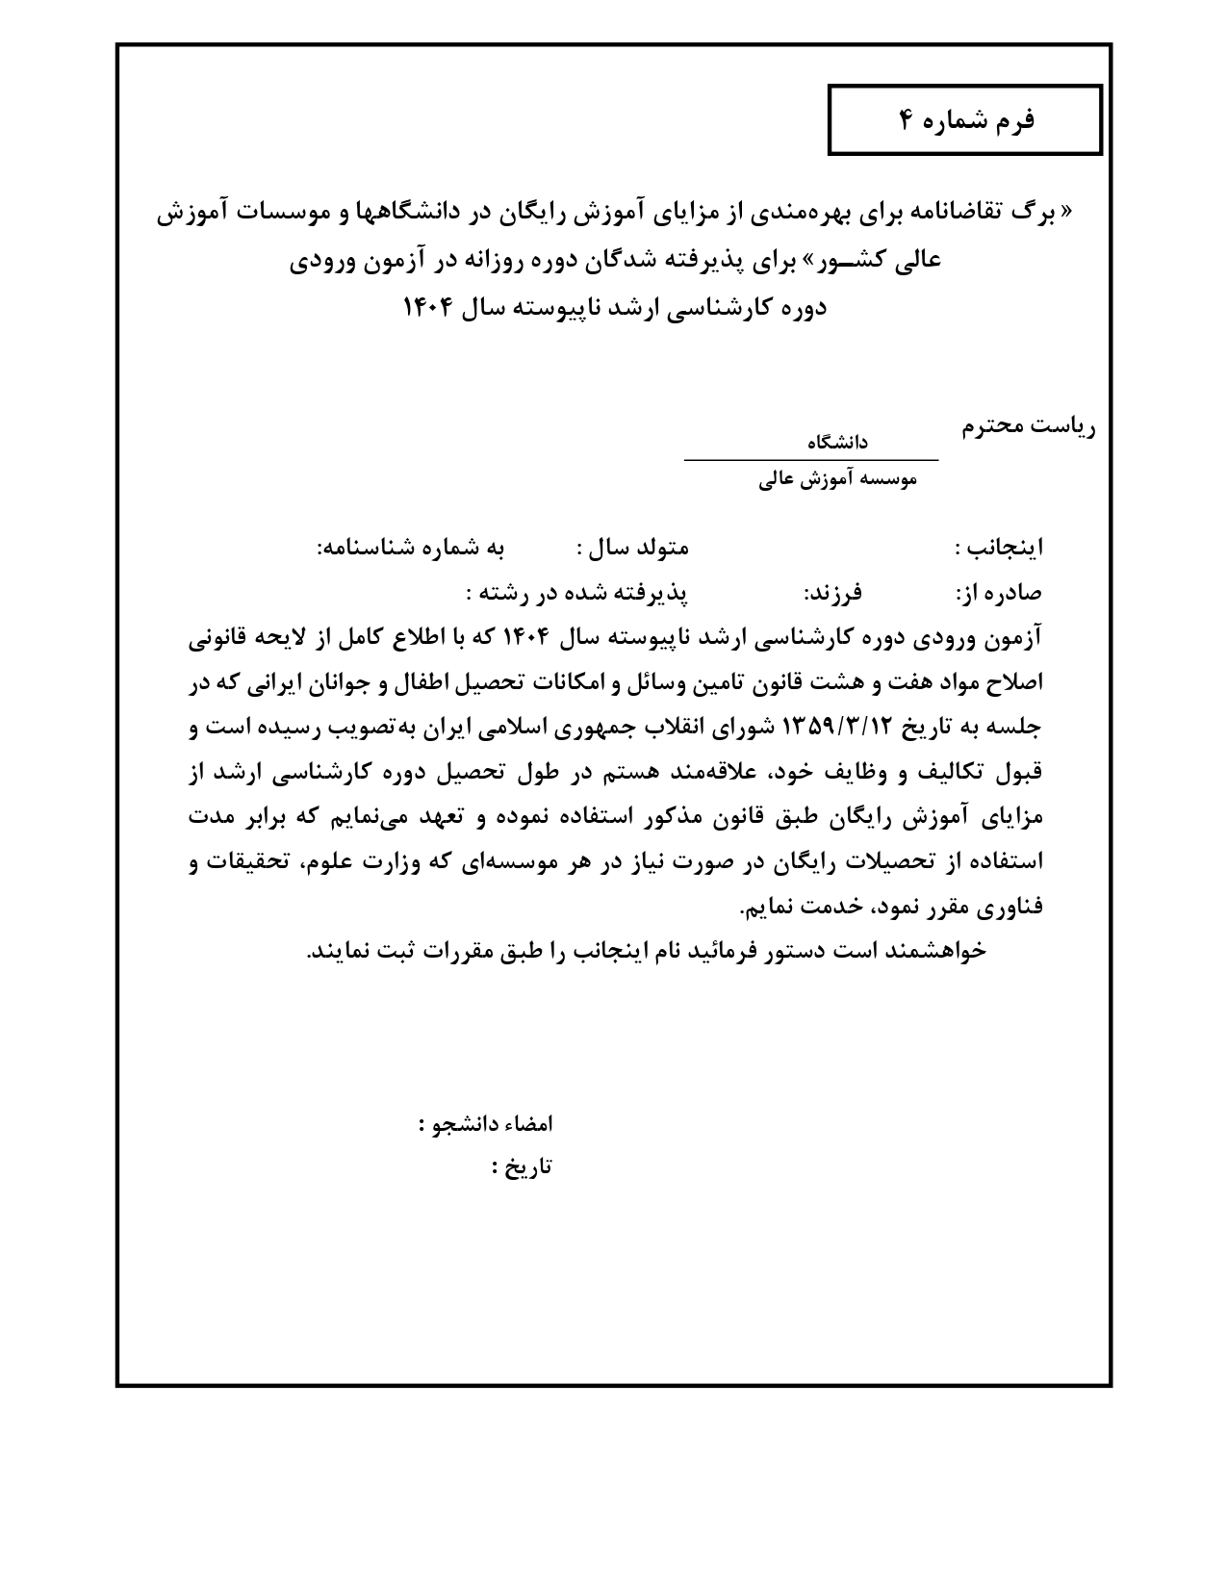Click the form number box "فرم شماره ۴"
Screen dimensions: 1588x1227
pos(965,120)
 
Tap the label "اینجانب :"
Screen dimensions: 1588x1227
pos(998,549)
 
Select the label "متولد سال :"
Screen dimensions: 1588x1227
pos(633,549)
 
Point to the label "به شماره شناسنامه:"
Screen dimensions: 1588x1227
pos(411,549)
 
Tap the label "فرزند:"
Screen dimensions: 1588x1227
pos(832,593)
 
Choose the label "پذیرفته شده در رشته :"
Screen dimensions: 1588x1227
pos(577,593)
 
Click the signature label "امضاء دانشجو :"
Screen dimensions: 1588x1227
pos(486,1124)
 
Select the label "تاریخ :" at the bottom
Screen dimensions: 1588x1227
pos(522,1167)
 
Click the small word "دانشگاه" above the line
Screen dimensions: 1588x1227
pos(836,442)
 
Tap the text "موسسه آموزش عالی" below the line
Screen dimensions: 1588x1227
pos(837,479)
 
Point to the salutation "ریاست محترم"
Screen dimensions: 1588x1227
pos(1029,426)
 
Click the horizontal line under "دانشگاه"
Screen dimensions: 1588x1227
pos(810,460)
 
